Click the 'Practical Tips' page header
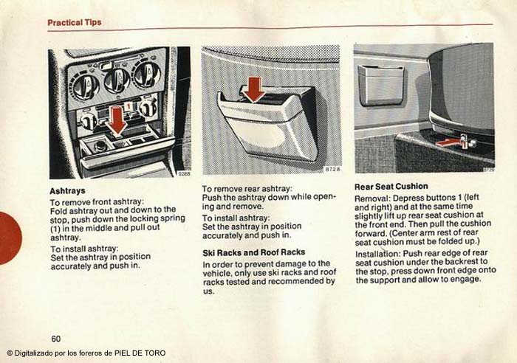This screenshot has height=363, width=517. tap(74, 22)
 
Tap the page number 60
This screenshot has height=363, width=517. tap(55, 339)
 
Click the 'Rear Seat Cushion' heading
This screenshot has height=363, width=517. tap(391, 187)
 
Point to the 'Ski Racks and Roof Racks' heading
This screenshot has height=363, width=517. tap(253, 252)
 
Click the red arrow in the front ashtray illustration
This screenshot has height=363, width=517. tap(117, 122)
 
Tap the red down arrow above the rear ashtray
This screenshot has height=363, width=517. tap(254, 89)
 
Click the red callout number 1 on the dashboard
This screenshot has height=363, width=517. tap(127, 106)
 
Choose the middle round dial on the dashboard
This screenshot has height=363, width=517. tap(117, 80)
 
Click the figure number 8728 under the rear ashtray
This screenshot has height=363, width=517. tap(332, 169)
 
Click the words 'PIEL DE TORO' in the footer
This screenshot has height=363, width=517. tap(140, 353)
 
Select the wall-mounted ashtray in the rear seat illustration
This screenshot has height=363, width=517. tap(381, 85)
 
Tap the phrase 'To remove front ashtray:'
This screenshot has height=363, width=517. tap(97, 201)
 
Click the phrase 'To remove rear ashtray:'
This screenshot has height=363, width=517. tap(247, 189)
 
